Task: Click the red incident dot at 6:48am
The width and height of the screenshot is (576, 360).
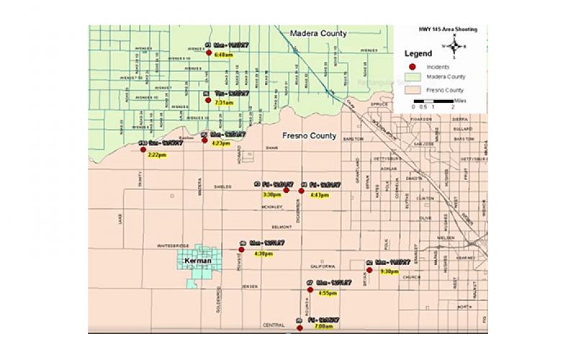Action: (209, 53)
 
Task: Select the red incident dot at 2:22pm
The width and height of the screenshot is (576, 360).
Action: (143, 150)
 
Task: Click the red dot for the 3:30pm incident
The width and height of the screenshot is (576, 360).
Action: (285, 190)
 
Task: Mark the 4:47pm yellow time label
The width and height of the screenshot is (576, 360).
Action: (318, 195)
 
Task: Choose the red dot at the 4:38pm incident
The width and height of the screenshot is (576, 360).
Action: (241, 249)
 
